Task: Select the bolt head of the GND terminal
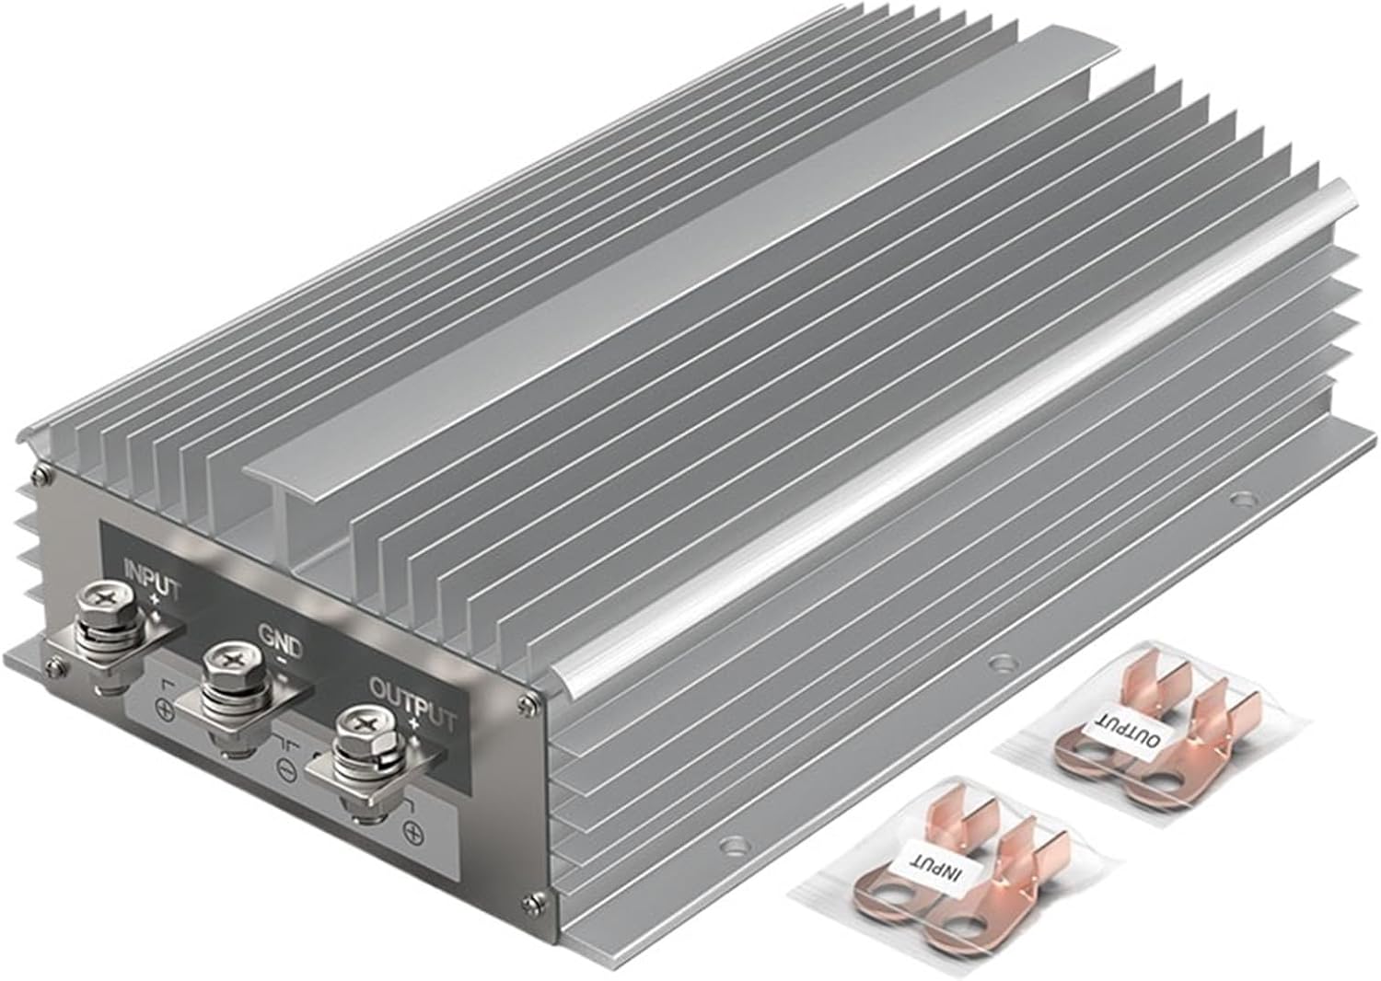[223, 660]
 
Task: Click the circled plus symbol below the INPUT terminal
[165, 710]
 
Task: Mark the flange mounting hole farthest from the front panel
[1244, 502]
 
